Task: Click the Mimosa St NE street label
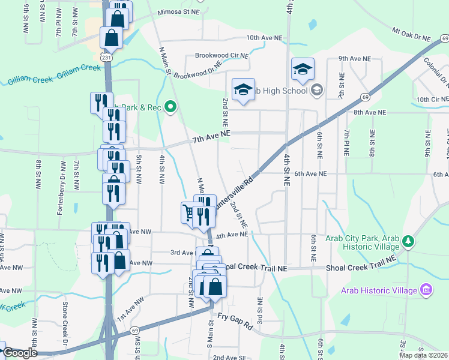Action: [x=178, y=12]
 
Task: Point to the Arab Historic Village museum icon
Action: [x=427, y=290]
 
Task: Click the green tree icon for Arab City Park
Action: [x=408, y=241]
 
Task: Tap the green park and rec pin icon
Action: [x=170, y=107]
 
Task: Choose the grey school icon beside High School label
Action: [x=317, y=91]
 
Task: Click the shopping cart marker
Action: [x=188, y=212]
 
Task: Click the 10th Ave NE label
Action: [x=264, y=38]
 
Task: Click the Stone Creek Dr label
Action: [x=64, y=327]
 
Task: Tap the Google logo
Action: [x=20, y=353]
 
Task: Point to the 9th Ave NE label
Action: [x=355, y=59]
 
